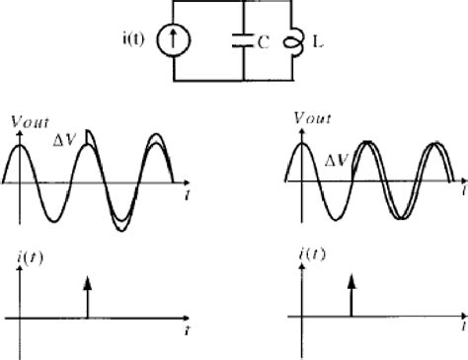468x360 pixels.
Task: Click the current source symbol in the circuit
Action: [194, 40]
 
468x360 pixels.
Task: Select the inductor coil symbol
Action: [290, 42]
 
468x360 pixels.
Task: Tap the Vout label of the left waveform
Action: [27, 124]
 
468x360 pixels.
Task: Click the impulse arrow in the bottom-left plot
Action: [87, 296]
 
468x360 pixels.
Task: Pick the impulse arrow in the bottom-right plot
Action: [351, 295]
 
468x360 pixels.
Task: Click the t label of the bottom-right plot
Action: [462, 324]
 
